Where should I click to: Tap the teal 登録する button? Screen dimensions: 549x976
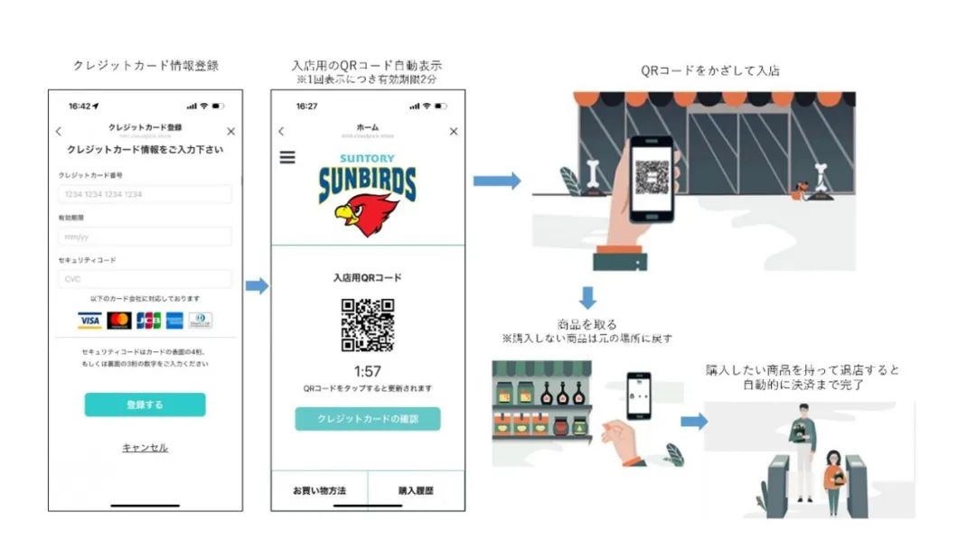(x=145, y=405)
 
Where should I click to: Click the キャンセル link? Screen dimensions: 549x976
(x=145, y=448)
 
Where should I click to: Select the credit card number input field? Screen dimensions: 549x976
(x=145, y=194)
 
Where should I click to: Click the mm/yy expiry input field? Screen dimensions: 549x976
(x=145, y=237)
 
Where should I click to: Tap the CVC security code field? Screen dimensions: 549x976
(x=145, y=279)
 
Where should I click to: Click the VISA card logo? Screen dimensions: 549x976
(x=89, y=321)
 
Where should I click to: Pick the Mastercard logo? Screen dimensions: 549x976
(x=118, y=321)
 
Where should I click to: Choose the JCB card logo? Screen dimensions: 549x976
(x=147, y=321)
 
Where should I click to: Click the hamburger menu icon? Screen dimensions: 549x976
(x=287, y=157)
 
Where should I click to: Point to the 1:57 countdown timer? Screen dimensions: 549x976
(x=367, y=371)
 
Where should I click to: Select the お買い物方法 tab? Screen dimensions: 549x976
(x=319, y=491)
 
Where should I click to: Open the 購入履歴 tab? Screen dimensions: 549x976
(x=416, y=491)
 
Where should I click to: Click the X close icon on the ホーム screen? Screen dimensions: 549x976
(x=454, y=132)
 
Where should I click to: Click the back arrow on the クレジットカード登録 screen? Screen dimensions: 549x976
(x=59, y=132)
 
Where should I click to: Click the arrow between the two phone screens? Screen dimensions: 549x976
(x=258, y=286)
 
